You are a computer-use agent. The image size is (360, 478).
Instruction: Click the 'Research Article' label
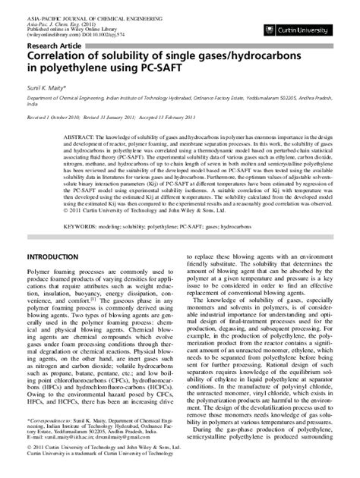(x=55, y=45)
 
